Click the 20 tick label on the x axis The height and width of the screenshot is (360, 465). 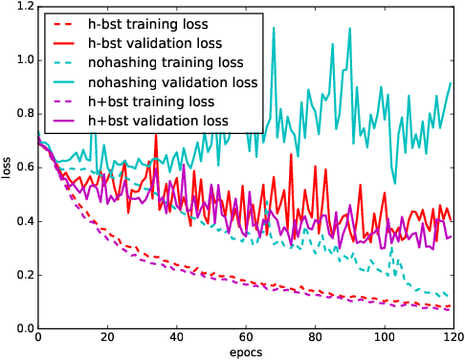pyautogui.click(x=107, y=338)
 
